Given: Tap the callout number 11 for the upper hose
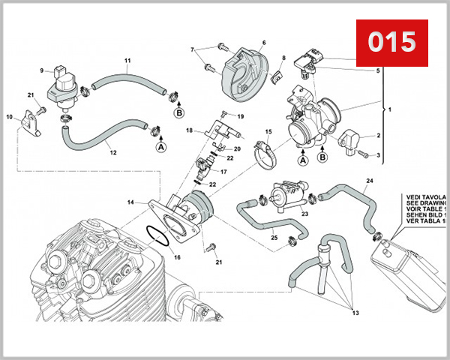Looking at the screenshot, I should click(x=127, y=60).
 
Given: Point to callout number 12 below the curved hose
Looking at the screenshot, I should click(x=113, y=153).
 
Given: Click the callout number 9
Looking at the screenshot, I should click(x=42, y=70).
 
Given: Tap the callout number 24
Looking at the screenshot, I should click(x=369, y=181).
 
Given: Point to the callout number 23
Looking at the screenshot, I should click(x=304, y=214).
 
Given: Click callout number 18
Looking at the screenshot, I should click(x=190, y=130).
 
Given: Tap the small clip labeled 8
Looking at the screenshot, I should click(x=278, y=73).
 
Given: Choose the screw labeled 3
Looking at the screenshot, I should click(x=364, y=156).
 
